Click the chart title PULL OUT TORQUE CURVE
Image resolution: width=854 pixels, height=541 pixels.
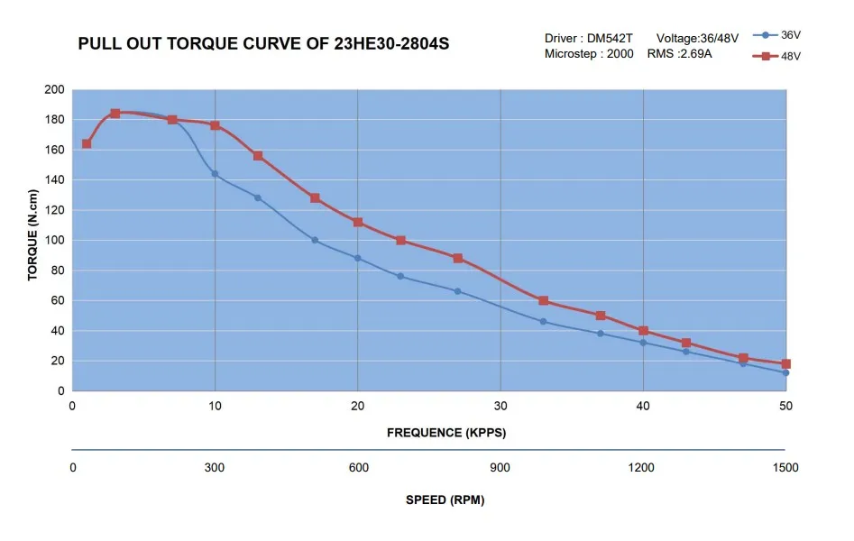pyautogui.click(x=263, y=43)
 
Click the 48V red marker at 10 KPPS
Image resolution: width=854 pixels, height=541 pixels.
pyautogui.click(x=216, y=125)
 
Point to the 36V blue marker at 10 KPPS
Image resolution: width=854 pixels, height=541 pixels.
pyautogui.click(x=215, y=174)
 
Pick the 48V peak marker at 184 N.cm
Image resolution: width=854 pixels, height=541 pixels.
pyautogui.click(x=115, y=114)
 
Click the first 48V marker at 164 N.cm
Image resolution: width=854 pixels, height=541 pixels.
pyautogui.click(x=87, y=143)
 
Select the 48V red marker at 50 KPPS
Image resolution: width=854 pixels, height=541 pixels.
pyautogui.click(x=785, y=363)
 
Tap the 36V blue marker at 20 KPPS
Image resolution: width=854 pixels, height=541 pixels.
pyautogui.click(x=358, y=258)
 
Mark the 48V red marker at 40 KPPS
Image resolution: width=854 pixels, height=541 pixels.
pyautogui.click(x=643, y=331)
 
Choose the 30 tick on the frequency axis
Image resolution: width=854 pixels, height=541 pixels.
pyautogui.click(x=500, y=407)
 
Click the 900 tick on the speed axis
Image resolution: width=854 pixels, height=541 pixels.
pyautogui.click(x=500, y=467)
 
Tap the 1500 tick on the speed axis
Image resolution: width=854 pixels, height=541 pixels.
pyautogui.click(x=785, y=467)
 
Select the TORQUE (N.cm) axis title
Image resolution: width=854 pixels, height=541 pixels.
pyautogui.click(x=33, y=234)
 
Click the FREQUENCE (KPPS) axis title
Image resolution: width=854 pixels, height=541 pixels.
pyautogui.click(x=446, y=433)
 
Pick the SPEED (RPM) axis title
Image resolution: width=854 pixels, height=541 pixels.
pyautogui.click(x=445, y=500)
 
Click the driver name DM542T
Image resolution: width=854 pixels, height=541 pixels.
pyautogui.click(x=609, y=38)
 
